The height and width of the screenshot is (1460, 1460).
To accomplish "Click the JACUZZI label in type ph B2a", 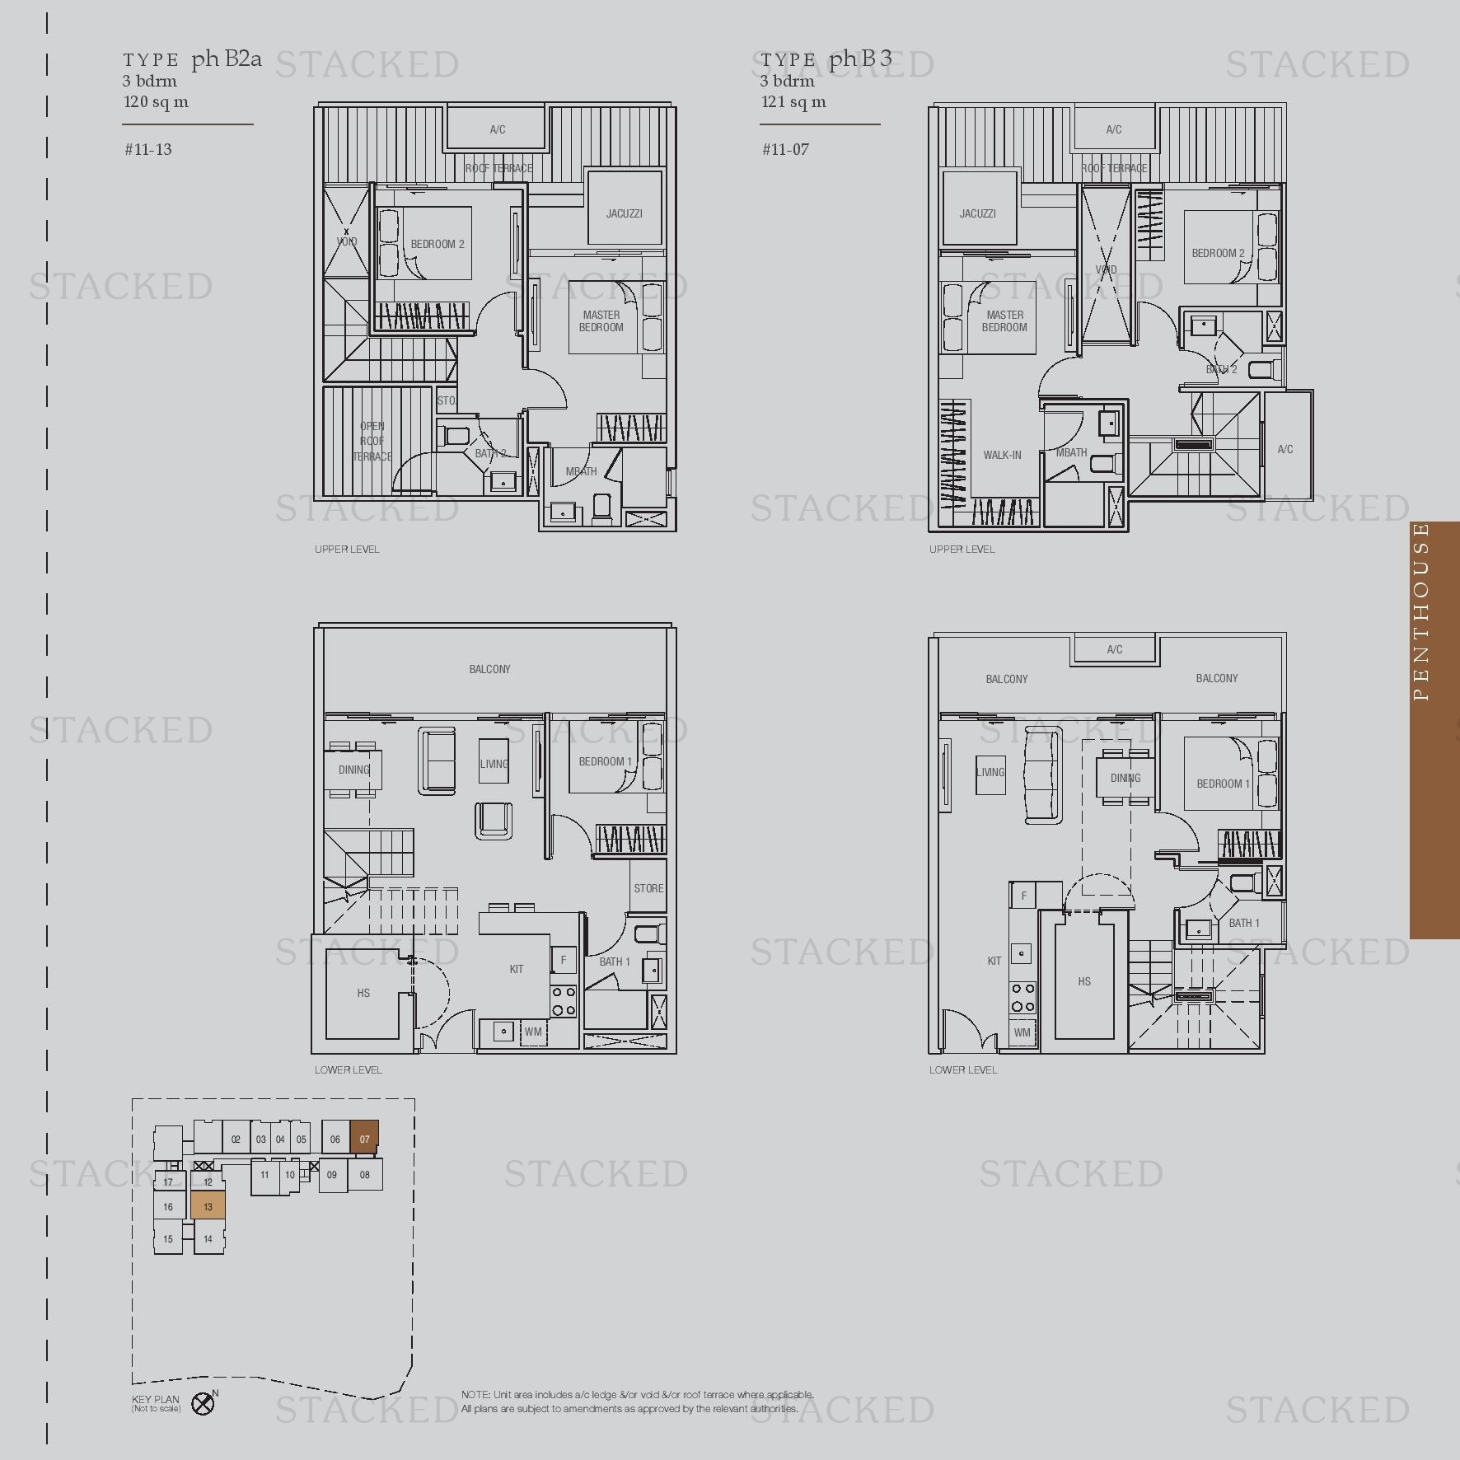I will coord(624,213).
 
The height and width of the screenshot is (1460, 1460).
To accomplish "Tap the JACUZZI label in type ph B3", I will coord(977,213).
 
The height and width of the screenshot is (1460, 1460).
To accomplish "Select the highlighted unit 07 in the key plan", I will coord(364,1139).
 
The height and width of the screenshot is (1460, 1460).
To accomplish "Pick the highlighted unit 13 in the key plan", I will coord(208,1206).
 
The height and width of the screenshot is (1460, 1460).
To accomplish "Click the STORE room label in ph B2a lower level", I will coord(648,888).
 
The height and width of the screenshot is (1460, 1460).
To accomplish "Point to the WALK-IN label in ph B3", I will coord(1002,455).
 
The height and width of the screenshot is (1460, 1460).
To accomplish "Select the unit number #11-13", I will coord(148,149).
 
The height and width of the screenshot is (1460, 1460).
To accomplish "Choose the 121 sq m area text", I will coord(793,102).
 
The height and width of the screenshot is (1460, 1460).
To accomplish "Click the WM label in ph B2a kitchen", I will coord(533,1032).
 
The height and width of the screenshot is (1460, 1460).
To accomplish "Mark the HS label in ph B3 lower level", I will coord(1084,981).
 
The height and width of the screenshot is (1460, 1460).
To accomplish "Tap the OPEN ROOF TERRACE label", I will coord(372,441).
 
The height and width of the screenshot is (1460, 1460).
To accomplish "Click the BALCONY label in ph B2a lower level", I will coord(489,669).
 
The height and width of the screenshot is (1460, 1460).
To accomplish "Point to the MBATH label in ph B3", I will coord(1071,452).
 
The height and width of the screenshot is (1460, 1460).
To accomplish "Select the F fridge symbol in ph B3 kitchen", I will coord(1024,896).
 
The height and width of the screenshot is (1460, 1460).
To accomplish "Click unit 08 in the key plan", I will coord(364,1175).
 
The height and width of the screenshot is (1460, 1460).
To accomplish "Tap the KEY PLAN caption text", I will coord(155,1399).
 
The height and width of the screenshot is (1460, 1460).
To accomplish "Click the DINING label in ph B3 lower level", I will coord(1125,778).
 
